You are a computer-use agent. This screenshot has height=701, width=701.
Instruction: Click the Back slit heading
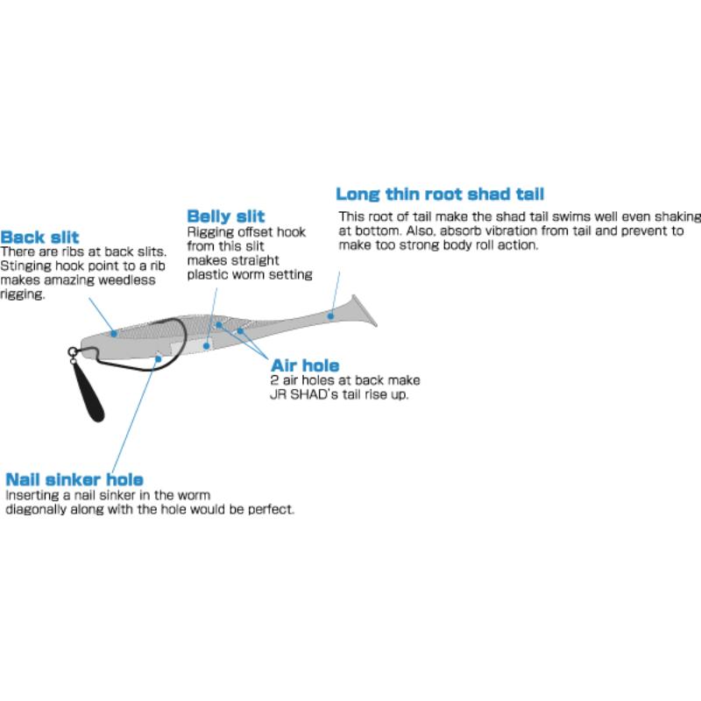click(x=39, y=237)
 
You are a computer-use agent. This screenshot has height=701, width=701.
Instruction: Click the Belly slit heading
click(x=226, y=216)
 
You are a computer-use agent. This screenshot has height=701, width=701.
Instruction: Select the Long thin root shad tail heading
click(x=440, y=194)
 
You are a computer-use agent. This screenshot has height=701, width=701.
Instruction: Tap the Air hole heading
click(x=305, y=365)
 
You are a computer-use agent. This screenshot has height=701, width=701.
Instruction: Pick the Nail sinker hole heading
click(x=74, y=479)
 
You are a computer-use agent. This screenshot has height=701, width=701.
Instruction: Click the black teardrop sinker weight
click(x=89, y=393)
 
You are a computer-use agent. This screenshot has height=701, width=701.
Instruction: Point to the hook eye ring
click(x=72, y=352)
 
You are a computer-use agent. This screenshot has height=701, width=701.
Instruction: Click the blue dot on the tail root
click(x=330, y=316)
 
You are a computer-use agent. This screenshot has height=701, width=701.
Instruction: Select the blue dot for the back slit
click(x=114, y=334)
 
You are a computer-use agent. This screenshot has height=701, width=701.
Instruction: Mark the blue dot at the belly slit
click(x=206, y=345)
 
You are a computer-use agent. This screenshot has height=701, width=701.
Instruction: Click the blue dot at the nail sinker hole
click(x=158, y=359)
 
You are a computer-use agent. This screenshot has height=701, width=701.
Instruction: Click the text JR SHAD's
click(x=304, y=395)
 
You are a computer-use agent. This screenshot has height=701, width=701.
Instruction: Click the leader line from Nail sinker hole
click(x=135, y=415)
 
